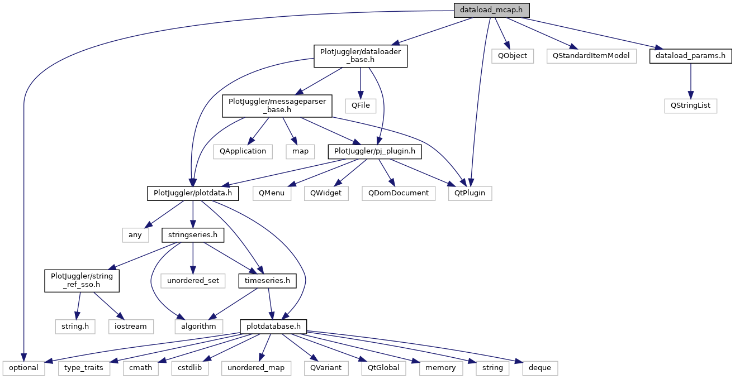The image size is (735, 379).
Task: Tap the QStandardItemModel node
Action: (x=591, y=56)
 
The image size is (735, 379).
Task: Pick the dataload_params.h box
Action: (x=691, y=56)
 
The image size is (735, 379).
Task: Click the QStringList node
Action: (x=690, y=105)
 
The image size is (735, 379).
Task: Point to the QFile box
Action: (x=361, y=105)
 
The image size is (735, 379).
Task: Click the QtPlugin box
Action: (x=470, y=193)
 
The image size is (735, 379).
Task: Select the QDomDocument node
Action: (x=398, y=193)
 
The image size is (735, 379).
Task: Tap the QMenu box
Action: (x=272, y=193)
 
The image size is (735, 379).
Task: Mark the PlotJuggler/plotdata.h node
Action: (x=193, y=193)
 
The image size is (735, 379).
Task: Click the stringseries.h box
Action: (x=193, y=235)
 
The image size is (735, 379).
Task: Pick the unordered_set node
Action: (x=193, y=280)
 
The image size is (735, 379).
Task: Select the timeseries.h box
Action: (x=267, y=280)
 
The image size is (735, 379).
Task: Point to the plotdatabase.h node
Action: (x=273, y=326)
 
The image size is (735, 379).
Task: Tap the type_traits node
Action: (x=84, y=368)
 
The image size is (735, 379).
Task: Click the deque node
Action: (x=540, y=368)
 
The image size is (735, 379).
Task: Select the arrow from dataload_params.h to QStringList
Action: (x=691, y=80)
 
